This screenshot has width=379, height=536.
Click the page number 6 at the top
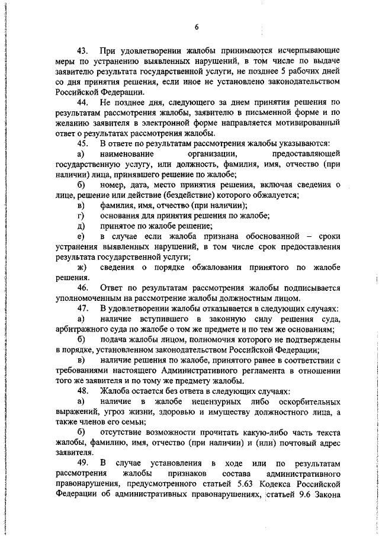(x=196, y=27)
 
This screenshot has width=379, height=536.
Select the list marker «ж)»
(x=81, y=268)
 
